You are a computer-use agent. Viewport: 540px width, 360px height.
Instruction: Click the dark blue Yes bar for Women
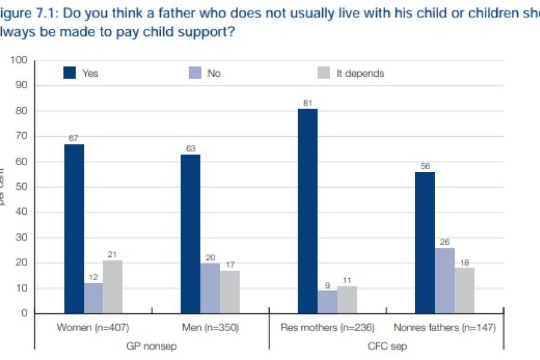click(74, 229)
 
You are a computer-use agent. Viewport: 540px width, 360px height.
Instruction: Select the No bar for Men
click(209, 288)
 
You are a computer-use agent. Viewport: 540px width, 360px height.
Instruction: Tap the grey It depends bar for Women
click(112, 287)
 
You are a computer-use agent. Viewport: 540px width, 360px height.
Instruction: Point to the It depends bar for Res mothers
click(346, 299)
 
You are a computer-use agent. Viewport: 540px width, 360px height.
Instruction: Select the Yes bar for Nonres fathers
click(424, 242)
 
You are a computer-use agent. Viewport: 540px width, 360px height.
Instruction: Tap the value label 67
click(74, 139)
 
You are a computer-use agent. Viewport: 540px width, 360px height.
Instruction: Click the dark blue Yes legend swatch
click(71, 73)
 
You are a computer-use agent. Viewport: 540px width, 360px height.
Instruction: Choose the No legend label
click(214, 73)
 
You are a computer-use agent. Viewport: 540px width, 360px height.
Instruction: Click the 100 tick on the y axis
click(21, 61)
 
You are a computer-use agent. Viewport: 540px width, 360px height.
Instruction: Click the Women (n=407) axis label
click(93, 328)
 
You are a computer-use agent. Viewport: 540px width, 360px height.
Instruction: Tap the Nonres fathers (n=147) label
click(445, 328)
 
